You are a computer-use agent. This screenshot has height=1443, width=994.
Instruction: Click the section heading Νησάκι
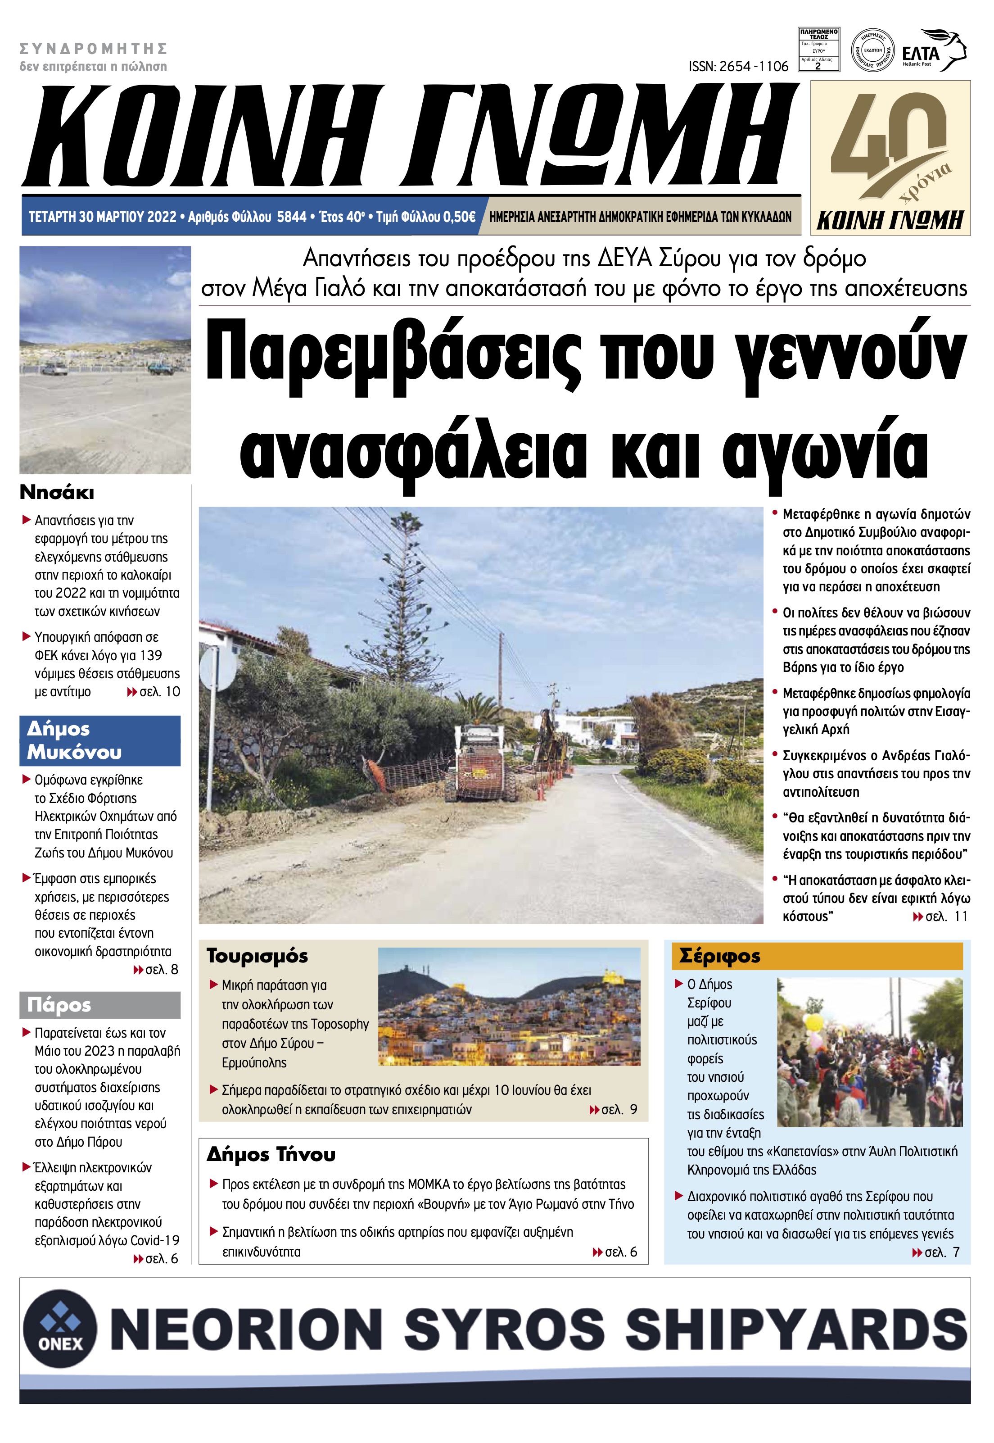point(57,493)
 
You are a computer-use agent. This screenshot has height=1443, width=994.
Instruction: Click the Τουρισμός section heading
point(257,956)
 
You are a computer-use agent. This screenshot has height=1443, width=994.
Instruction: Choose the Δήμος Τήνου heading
point(271,1154)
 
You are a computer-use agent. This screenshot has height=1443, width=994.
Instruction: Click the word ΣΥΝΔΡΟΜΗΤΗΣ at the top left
point(94,49)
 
